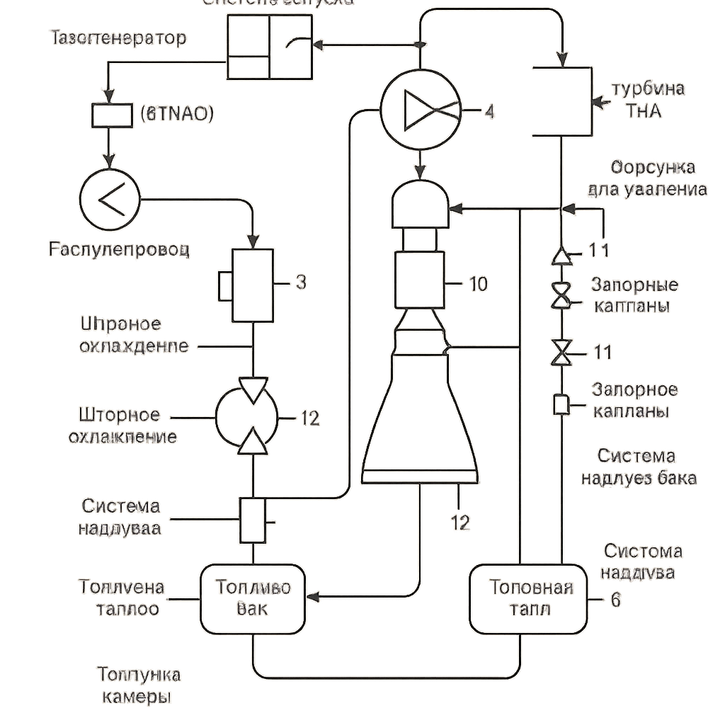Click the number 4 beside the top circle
coord(489,111)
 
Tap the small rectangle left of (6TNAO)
coord(112,115)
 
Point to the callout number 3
coord(300,283)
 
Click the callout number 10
coord(479,285)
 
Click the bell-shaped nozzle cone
coord(420,418)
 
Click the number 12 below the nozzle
coord(460,523)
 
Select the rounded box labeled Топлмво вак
coord(253,598)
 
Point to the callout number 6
coord(615,599)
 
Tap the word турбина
coord(648,89)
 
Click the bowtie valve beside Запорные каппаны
coord(562,296)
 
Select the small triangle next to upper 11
coord(562,255)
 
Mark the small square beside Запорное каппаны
coord(561,404)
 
